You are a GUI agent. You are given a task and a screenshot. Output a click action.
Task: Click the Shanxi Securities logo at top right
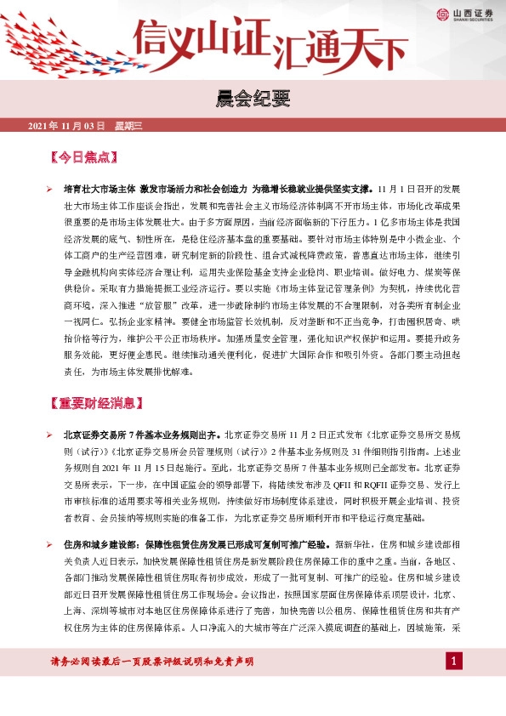(465, 14)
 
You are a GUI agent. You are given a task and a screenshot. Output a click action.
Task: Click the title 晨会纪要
(253, 99)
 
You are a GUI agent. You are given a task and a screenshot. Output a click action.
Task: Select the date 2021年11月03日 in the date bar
(66, 126)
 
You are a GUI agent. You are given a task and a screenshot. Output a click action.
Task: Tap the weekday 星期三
(129, 126)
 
